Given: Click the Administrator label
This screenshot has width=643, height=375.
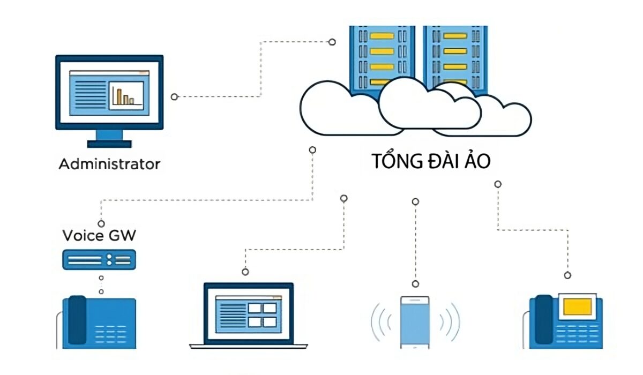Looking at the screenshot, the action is coord(109,164).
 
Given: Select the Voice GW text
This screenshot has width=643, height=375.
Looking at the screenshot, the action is coord(99,236).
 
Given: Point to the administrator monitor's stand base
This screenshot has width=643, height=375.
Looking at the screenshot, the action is coord(109,144).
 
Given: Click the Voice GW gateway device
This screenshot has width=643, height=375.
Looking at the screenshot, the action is coord(99,260).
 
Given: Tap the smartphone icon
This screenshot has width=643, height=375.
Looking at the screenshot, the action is coord(415,322).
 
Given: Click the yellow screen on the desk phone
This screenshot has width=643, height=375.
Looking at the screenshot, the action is coord(578,306).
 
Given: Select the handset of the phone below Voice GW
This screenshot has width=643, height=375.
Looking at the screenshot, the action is coord(77,320).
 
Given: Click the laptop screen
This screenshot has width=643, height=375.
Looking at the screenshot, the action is coord(249,313).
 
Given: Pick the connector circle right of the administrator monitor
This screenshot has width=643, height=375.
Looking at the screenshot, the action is coord(174,96).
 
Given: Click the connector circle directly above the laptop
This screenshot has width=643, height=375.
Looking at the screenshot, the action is coord(245,272).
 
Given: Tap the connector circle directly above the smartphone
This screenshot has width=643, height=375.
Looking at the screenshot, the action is coord(415,284).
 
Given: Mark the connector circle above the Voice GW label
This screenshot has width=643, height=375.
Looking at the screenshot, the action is coord(101,223).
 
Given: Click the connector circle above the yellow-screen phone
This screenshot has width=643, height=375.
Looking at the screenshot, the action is coord(567,275).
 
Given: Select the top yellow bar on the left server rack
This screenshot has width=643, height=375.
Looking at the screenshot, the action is coord(382,36).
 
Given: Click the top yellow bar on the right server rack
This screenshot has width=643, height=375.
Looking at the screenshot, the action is coord(455,36).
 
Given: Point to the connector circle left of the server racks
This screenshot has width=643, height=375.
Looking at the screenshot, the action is coord(332,42).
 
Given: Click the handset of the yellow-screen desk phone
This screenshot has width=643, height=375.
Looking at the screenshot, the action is coord(544,319).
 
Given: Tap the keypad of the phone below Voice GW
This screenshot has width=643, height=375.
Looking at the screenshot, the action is coord(110,334).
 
